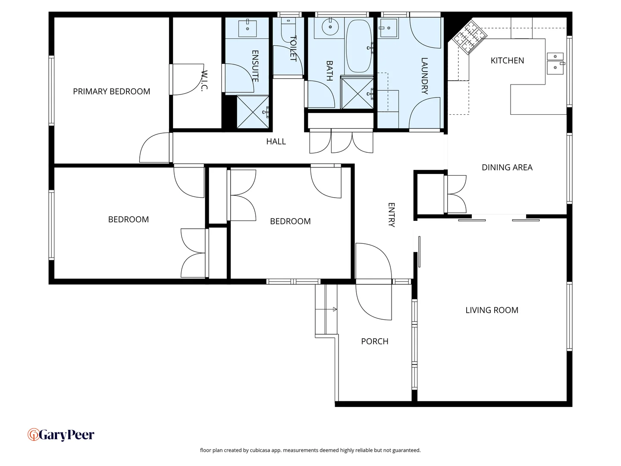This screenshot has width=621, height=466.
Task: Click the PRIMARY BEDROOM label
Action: pos(111,91)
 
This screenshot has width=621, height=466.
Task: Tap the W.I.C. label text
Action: pos(204,81)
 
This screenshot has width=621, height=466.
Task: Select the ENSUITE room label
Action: pos(255,66)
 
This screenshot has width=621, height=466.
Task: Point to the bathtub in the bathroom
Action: pos(359,46)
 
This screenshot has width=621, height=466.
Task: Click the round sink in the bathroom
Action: pos(330,27)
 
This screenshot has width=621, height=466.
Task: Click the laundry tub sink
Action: pos(388,28)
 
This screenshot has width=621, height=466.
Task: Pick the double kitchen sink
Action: pos(555,62)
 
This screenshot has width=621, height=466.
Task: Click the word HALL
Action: pos(276,142)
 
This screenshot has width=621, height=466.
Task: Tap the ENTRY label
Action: pos(391,214)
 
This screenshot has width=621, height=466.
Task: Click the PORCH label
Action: pos(374,341)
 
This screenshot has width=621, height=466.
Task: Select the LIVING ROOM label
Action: pos(492,310)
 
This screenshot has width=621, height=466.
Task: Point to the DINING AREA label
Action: pos(507,167)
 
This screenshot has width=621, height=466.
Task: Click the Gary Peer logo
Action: pos(61,435)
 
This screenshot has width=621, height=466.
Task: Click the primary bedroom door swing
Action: pos(154,148)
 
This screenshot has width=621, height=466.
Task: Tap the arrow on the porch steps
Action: pos(333,309)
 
